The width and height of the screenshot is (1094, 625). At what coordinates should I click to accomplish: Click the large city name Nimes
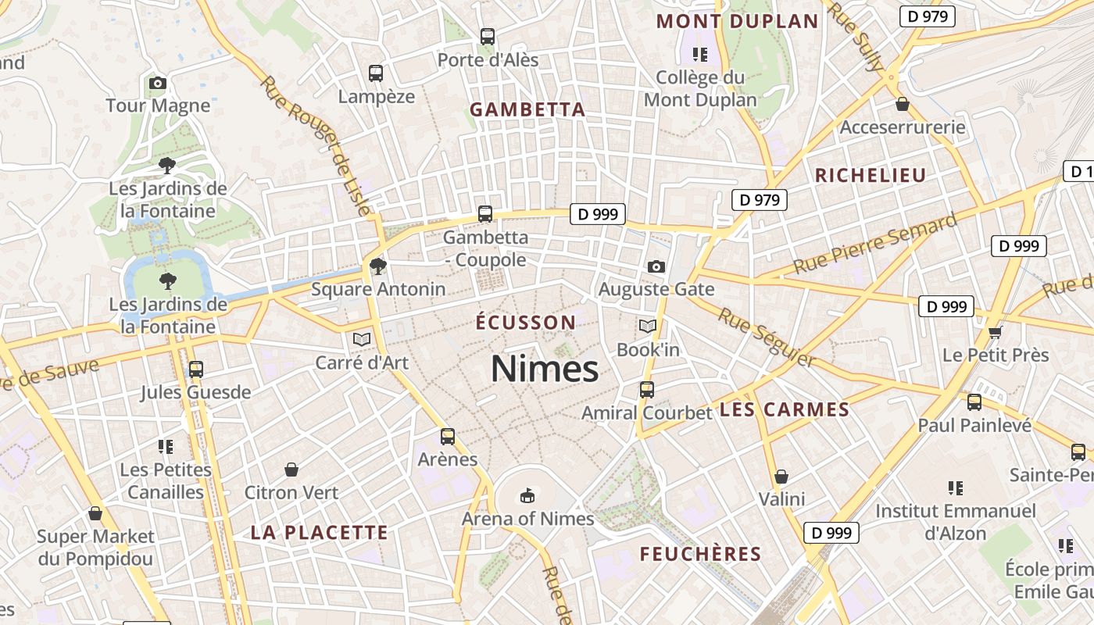(545, 369)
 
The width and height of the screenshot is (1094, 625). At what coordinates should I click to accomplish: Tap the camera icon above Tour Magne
(157, 83)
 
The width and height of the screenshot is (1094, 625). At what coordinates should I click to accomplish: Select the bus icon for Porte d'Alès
(488, 36)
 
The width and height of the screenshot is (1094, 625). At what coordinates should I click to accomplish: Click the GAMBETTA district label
(527, 110)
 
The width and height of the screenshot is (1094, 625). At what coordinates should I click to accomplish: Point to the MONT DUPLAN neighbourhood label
(738, 21)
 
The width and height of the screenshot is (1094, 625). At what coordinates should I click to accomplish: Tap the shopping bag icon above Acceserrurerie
(903, 104)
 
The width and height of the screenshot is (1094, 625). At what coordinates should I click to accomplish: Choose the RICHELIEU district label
(871, 176)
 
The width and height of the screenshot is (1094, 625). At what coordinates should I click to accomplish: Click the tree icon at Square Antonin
(378, 266)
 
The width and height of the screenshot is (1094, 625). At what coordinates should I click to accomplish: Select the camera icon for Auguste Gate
(656, 266)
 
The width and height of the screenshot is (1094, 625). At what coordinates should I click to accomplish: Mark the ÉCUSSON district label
(526, 322)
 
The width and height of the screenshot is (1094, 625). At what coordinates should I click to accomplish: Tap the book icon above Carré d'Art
(361, 339)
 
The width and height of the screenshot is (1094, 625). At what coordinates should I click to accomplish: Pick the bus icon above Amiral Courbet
(647, 389)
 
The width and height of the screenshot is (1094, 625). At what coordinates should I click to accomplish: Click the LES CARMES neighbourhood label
(784, 409)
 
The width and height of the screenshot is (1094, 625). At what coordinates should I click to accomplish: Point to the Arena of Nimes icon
(527, 495)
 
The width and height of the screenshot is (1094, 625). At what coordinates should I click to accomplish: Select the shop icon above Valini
(781, 477)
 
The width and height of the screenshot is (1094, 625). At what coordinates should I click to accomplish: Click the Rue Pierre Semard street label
(874, 243)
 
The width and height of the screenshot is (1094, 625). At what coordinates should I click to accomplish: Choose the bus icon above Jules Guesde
(196, 369)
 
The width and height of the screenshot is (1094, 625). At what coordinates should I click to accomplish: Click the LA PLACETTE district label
(319, 533)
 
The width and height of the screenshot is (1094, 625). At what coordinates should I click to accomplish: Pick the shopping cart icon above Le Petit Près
(995, 333)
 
